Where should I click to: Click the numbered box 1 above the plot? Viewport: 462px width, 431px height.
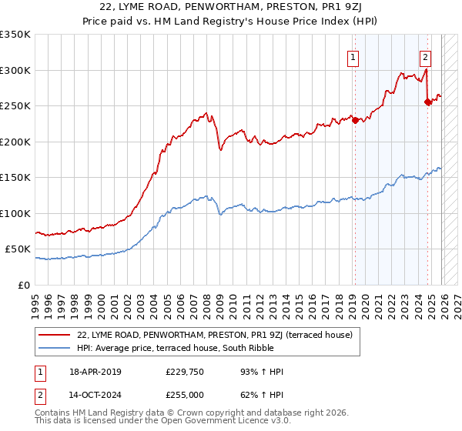(x=353, y=56)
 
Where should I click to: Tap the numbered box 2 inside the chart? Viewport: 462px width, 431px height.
(x=425, y=56)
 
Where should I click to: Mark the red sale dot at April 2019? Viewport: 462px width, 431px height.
(x=355, y=119)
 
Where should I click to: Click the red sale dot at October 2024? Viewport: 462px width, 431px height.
(x=427, y=102)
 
